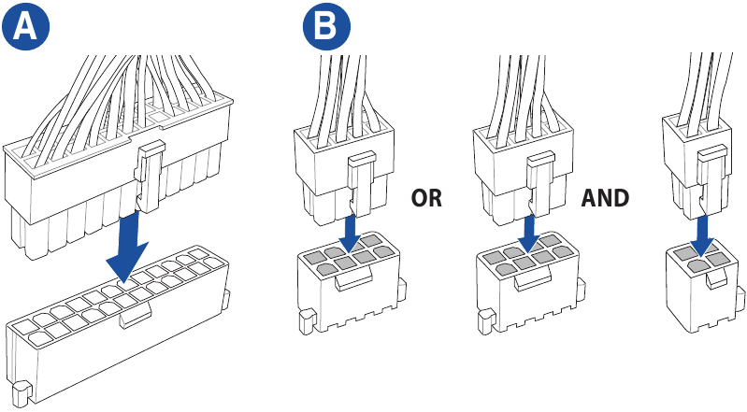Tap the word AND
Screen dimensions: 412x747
point(605,198)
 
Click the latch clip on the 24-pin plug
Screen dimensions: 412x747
point(151,178)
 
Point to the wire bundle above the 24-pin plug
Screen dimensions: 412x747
point(122,89)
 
